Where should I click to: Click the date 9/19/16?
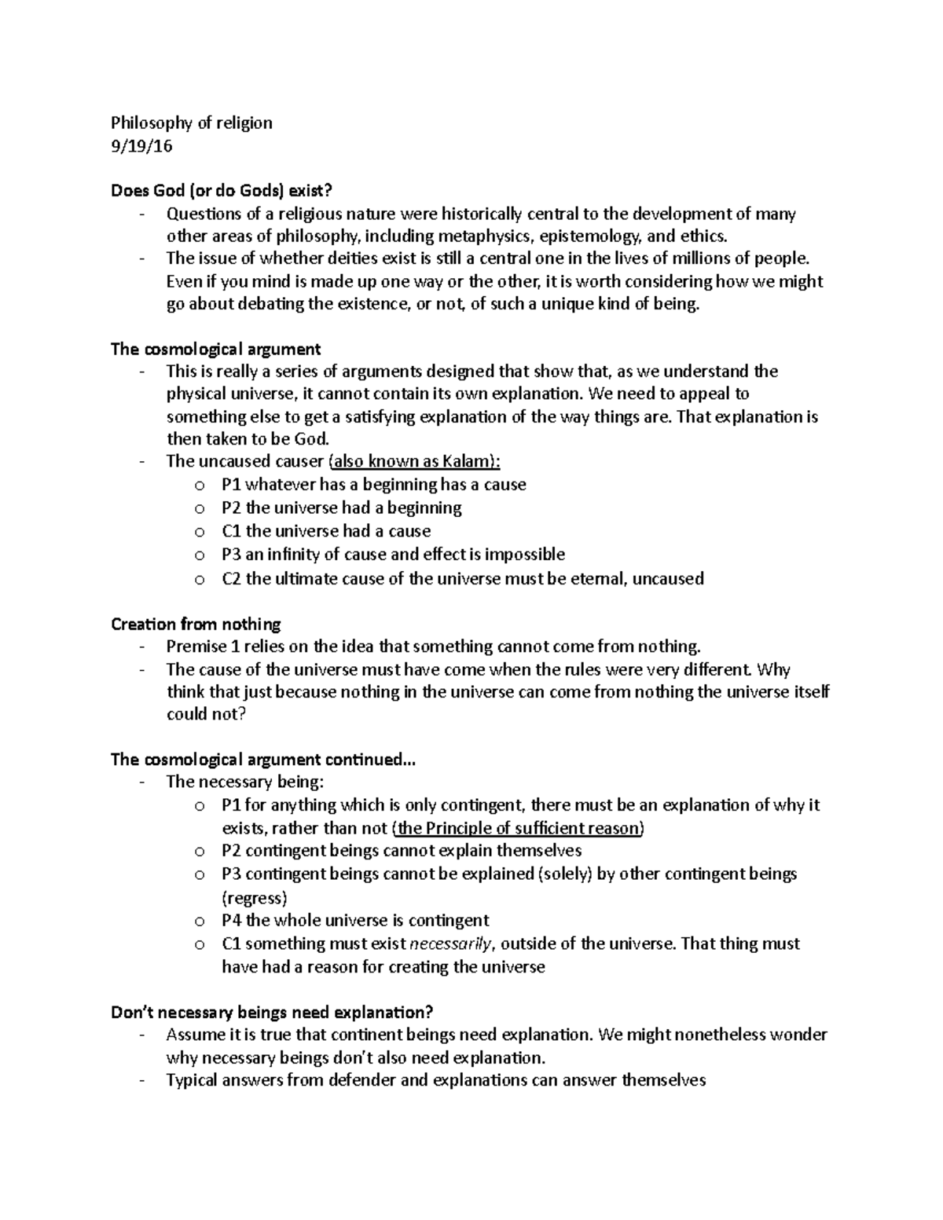pos(141,146)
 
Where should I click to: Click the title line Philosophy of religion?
pos(192,123)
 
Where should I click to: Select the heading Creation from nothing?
pos(196,625)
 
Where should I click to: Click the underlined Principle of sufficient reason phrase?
pos(519,828)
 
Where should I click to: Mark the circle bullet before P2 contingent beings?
pos(200,852)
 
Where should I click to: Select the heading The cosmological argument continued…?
pos(262,760)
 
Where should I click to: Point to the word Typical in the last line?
pos(193,1080)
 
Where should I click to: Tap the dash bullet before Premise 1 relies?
pos(141,647)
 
